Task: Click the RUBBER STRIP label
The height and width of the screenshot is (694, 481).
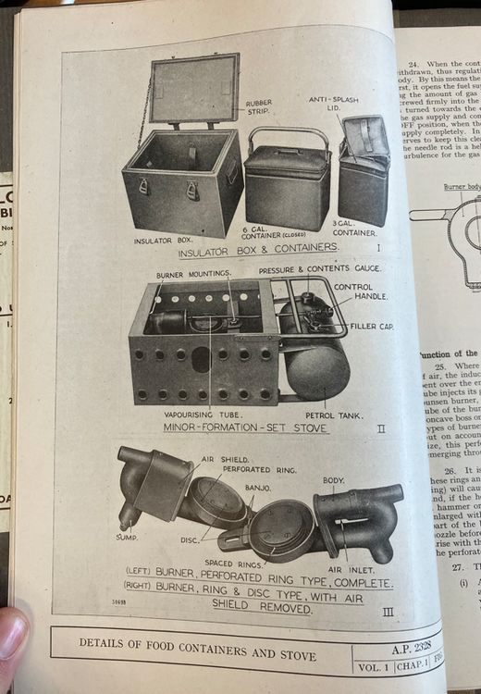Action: pos(260,109)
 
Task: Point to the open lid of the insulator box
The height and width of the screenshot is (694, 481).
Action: pos(193,89)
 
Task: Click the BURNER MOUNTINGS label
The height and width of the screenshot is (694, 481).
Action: pos(193,274)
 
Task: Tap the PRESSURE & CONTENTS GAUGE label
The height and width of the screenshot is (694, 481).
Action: pos(319,268)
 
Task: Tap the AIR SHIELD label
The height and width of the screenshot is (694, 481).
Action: pos(225,459)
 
